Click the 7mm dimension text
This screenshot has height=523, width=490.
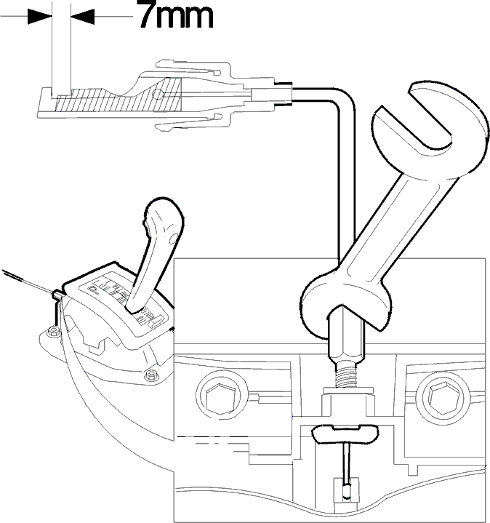pyautogui.click(x=175, y=15)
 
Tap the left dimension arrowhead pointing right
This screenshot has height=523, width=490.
pyautogui.click(x=40, y=16)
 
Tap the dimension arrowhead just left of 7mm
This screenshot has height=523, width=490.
pyautogui.click(x=83, y=16)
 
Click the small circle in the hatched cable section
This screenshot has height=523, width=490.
pyautogui.click(x=158, y=94)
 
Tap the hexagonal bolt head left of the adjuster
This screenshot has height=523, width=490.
pyautogui.click(x=221, y=398)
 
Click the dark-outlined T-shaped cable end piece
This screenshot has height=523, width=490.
pyautogui.click(x=345, y=434)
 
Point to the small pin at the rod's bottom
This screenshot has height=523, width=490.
pyautogui.click(x=347, y=492)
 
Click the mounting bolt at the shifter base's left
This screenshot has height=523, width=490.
pyautogui.click(x=53, y=332)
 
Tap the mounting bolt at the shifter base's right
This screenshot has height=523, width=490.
pyautogui.click(x=152, y=375)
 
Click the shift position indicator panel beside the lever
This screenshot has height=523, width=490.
pyautogui.click(x=126, y=301)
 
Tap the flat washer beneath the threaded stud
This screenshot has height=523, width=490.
pyautogui.click(x=348, y=390)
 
